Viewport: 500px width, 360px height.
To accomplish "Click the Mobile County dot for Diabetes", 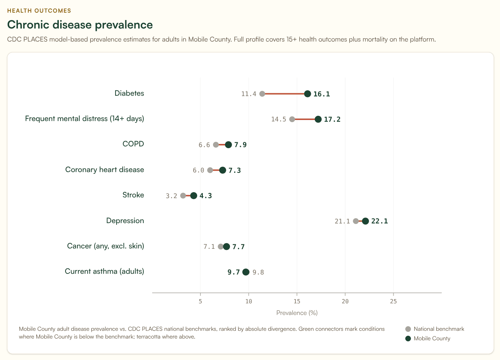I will coord(307,94).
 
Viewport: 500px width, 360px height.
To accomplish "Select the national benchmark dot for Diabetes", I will coord(262,94).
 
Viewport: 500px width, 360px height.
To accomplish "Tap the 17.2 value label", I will coord(332,119).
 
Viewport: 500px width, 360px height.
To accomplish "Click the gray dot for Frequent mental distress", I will coord(292,119).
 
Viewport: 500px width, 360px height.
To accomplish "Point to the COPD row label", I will coord(133,144).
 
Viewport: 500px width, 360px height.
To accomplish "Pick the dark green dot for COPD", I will coord(229,145).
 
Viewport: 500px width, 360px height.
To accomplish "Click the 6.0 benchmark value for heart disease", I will coord(198,170).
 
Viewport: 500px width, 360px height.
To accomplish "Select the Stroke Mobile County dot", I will coord(194,196).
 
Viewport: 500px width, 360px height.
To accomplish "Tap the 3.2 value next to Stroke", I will coord(171,196).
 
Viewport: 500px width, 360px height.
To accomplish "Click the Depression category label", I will coord(125,221).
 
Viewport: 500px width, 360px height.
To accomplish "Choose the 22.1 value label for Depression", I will coord(379,221).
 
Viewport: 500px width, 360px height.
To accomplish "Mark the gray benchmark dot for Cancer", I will coord(220,247).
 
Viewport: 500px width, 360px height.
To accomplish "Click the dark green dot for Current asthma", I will coord(246,272).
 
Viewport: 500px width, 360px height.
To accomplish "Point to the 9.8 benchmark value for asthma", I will coord(258,272).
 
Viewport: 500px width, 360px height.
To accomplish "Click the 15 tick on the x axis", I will coord(297,301).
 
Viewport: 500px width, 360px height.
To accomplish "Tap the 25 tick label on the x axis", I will coord(393,301).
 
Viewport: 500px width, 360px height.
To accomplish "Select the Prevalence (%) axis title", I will coord(297,313).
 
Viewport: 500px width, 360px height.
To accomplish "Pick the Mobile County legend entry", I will coord(432,339).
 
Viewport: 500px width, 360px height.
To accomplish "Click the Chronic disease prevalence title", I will coord(80,25).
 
